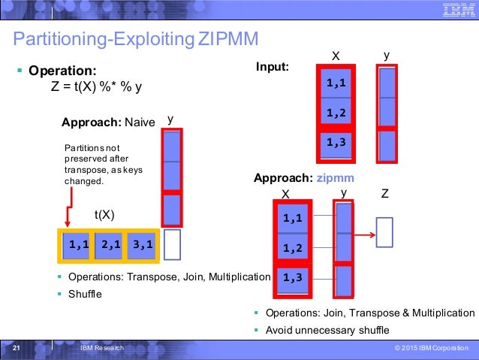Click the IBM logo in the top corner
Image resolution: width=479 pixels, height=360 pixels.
pos(456,10)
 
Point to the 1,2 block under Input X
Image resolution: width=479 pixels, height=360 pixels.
pos(336,113)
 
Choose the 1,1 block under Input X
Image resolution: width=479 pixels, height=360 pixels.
pos(336,83)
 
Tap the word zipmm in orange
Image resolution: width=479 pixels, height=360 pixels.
pos(336,178)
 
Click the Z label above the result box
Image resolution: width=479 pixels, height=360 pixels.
pos(384,193)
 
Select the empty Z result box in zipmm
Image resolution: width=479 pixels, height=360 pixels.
pos(384,232)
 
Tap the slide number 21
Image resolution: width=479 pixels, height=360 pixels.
pos(17,349)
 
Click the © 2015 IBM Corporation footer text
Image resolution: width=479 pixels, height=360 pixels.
pos(429,349)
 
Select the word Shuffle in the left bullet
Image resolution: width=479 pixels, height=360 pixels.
pos(85,294)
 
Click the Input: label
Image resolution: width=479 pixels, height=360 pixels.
pos(273,67)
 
